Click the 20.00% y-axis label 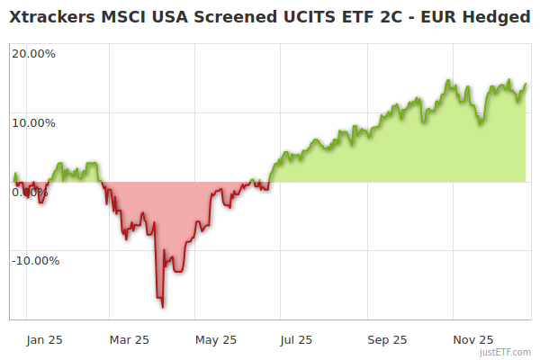point(33,53)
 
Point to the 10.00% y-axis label point(33,122)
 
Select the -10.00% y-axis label point(35,261)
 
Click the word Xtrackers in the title point(50,16)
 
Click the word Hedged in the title point(499,16)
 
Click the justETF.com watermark point(505,352)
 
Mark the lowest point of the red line point(163,307)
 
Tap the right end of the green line point(526,84)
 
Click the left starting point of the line point(14,173)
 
